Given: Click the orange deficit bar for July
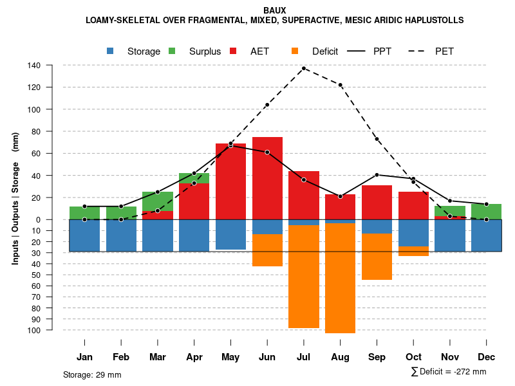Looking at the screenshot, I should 304,277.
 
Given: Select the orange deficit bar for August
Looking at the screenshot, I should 341,278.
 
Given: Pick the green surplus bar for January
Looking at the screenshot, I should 84,213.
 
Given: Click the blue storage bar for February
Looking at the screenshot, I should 121,235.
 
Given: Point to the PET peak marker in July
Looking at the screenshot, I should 304,68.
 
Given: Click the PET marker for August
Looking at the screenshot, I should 341,85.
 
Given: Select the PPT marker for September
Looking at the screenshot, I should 377,174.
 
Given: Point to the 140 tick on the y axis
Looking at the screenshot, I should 34,65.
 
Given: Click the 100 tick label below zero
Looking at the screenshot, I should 34,330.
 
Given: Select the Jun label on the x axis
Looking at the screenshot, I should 267,357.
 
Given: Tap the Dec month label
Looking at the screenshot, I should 487,357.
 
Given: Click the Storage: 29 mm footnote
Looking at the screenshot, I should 92,374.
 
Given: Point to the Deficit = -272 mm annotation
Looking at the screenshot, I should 449,372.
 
